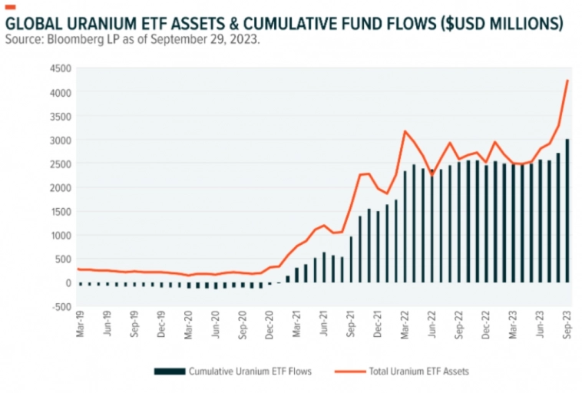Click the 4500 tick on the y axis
(x=60, y=68)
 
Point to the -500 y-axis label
(x=60, y=306)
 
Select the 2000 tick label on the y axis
(x=60, y=187)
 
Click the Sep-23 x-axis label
(x=567, y=322)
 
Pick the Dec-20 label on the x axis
(x=270, y=322)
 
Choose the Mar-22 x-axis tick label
(x=405, y=322)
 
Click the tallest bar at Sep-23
(x=567, y=210)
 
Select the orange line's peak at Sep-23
(x=567, y=81)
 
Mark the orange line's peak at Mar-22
(x=405, y=131)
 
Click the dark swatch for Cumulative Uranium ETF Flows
(x=170, y=372)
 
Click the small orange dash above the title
(x=10, y=7)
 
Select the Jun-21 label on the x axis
(x=324, y=322)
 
